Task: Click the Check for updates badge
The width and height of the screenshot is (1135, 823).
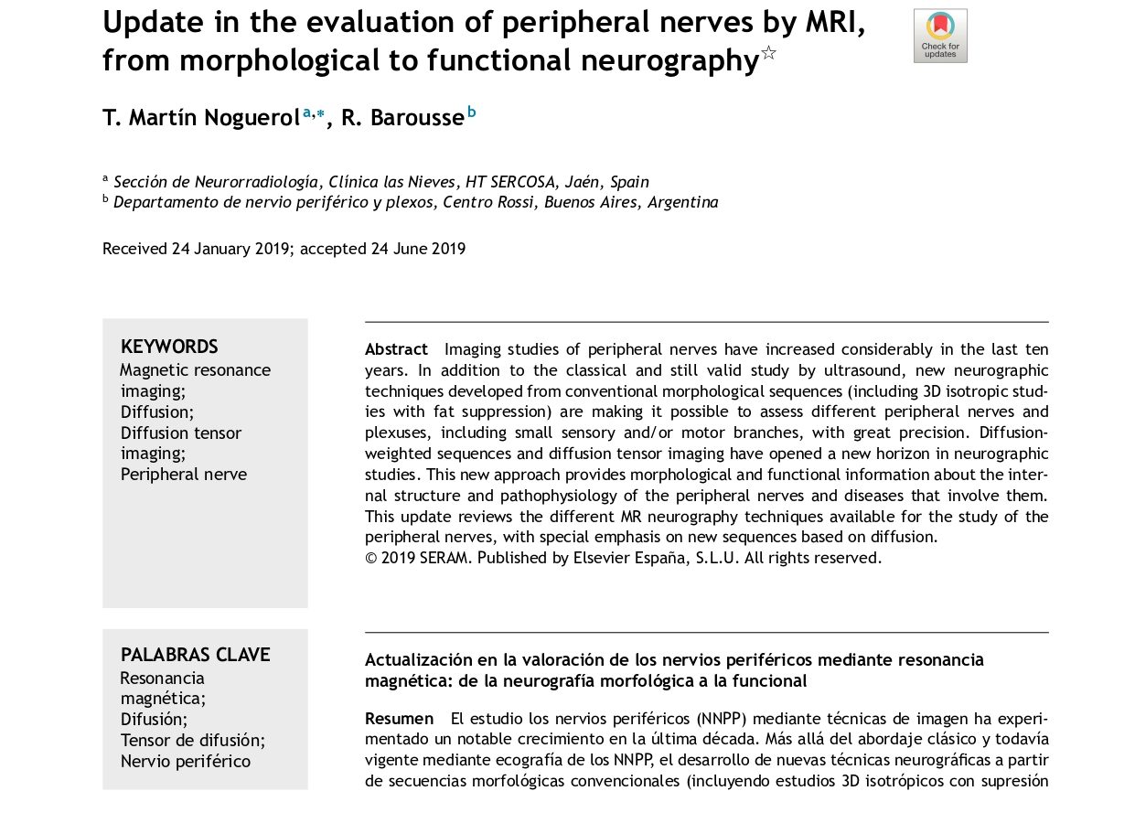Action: pos(939,36)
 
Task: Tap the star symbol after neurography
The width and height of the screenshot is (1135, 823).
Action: pos(768,53)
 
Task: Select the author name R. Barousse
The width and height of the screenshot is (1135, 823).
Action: pos(402,118)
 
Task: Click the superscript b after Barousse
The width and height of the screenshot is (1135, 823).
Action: pos(472,112)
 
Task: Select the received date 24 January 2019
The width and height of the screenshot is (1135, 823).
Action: pos(230,249)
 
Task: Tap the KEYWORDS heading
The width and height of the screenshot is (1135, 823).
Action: pos(169,347)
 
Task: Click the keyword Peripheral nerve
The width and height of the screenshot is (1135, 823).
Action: pos(184,474)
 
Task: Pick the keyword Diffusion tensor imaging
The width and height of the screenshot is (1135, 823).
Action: pos(181,443)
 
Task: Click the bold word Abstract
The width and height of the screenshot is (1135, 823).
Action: pos(396,349)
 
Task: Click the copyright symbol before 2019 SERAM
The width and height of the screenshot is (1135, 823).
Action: pos(370,558)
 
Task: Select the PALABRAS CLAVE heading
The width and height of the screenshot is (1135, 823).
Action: pos(195,655)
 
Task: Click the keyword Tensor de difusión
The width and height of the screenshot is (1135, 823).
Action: pos(192,740)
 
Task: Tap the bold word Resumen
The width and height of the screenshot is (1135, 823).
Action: pos(399,719)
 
